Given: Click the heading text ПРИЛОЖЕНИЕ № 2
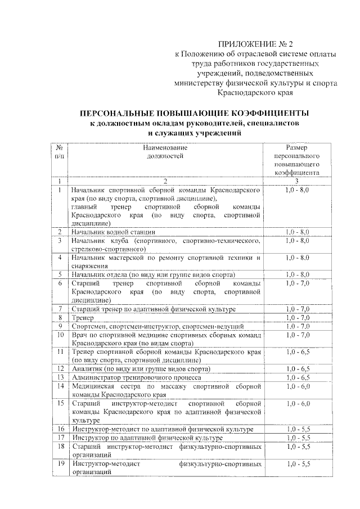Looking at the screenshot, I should (256, 43).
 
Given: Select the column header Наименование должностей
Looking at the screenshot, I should (165, 152).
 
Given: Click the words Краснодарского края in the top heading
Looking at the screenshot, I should (259, 93).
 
